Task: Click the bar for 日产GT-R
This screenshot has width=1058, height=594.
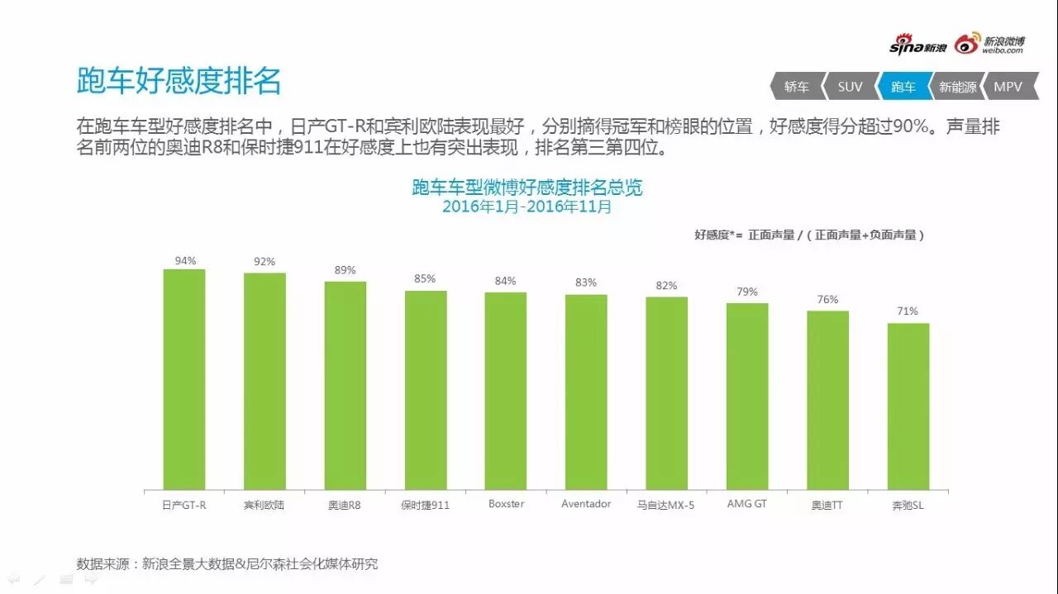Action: coord(184,379)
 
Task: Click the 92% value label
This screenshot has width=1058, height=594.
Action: coord(264,262)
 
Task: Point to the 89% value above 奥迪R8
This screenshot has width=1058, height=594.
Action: coord(345,270)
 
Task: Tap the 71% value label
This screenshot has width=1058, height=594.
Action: coord(908,311)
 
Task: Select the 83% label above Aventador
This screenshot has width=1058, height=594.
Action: coord(586,283)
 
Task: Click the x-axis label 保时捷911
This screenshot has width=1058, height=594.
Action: coord(425,505)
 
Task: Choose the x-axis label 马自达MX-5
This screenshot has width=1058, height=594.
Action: coord(666,505)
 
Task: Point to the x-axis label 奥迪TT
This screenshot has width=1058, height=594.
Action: coord(827,505)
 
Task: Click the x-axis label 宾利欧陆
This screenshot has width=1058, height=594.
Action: coord(264,505)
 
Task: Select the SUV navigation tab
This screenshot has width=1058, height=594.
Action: coord(849,87)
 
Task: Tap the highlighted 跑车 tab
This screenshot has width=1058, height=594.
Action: coord(903,87)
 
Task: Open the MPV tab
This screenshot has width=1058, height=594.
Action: coord(1008,87)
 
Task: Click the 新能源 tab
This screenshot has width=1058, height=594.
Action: coord(957,87)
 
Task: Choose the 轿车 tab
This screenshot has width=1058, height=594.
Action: coord(797,87)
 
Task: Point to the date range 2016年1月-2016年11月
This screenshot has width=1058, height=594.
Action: coord(527,207)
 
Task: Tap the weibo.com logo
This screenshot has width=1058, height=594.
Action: coord(989,45)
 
